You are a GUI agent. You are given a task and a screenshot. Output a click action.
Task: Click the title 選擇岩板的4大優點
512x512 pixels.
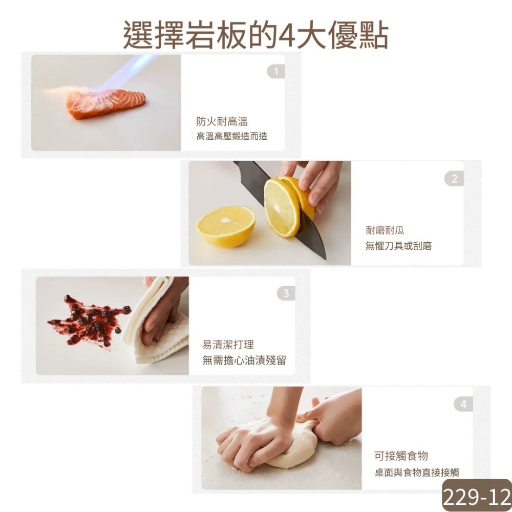pos(255,35)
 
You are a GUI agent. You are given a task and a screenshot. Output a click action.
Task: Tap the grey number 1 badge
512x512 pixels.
pos(276,72)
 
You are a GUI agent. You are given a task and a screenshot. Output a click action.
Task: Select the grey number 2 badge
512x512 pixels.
pos(454,179)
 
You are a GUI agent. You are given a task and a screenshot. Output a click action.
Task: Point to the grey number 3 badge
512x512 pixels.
pos(286,293)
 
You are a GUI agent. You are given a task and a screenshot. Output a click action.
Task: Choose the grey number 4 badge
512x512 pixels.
pos(463,404)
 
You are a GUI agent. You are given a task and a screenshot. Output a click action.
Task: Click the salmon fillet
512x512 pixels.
pos(105,103)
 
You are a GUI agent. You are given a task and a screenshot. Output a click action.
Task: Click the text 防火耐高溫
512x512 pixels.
pos(222,121)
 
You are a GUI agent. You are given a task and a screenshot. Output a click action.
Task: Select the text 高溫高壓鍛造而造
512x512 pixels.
pos(232,136)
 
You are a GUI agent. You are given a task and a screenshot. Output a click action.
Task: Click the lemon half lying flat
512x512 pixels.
pos(226,226)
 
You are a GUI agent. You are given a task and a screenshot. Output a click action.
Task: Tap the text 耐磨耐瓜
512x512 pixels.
pos(385,230)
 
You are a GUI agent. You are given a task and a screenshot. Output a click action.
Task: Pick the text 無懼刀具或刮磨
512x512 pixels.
pos(398,246)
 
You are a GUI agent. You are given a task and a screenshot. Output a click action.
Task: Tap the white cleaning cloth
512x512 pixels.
pos(157,322)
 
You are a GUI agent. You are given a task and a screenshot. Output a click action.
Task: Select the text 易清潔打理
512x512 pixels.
pos(228,345)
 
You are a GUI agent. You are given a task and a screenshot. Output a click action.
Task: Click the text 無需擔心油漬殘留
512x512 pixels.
pos(244,360)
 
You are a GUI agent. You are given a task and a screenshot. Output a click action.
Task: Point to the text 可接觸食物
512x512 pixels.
pos(401,456)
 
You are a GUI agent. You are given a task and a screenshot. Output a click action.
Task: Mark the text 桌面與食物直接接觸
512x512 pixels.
pos(417,472)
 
